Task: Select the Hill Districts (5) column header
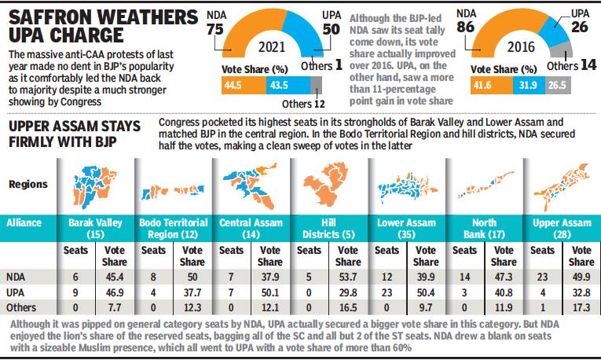(x=327, y=229)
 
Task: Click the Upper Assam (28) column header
(x=561, y=229)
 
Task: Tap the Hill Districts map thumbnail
(x=326, y=182)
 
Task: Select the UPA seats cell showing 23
(x=387, y=292)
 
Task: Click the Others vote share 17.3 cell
(x=581, y=307)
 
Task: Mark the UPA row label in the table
(x=16, y=292)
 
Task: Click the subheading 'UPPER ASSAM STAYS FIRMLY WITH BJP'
(x=75, y=133)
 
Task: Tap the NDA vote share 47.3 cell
(x=504, y=277)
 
